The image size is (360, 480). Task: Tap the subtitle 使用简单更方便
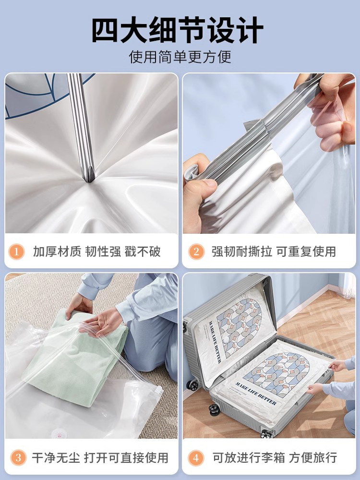tap(180, 57)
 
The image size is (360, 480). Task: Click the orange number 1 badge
tap(17, 251)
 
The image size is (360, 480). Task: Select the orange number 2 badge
tap(196, 251)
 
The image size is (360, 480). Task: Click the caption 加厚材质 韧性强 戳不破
tap(96, 251)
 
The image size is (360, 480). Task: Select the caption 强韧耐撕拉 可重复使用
tap(274, 251)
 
